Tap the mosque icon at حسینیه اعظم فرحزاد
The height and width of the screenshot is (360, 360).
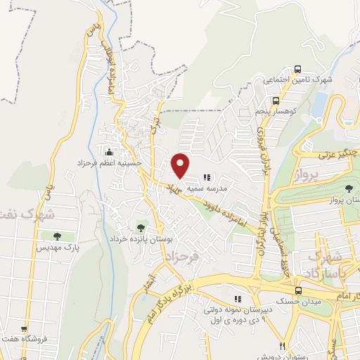[108, 152]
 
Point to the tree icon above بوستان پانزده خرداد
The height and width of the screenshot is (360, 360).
[141, 228]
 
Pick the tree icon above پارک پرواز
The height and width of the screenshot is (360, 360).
[349, 188]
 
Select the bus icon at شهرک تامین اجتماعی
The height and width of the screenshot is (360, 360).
[298, 70]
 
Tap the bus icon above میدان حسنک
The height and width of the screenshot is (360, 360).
[298, 290]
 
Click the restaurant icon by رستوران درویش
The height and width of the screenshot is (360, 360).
[281, 345]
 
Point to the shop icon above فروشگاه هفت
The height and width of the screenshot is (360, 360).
[25, 328]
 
